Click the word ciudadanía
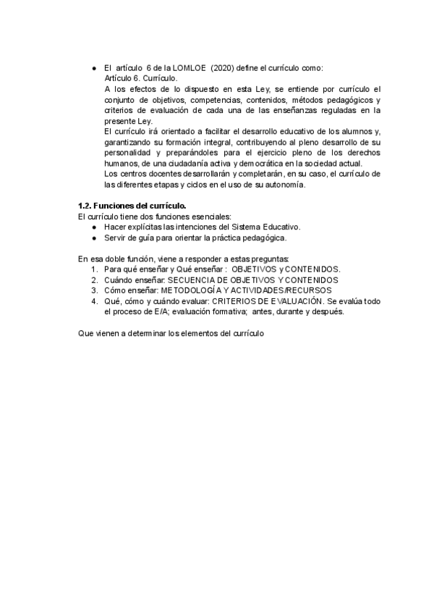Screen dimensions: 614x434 181,164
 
